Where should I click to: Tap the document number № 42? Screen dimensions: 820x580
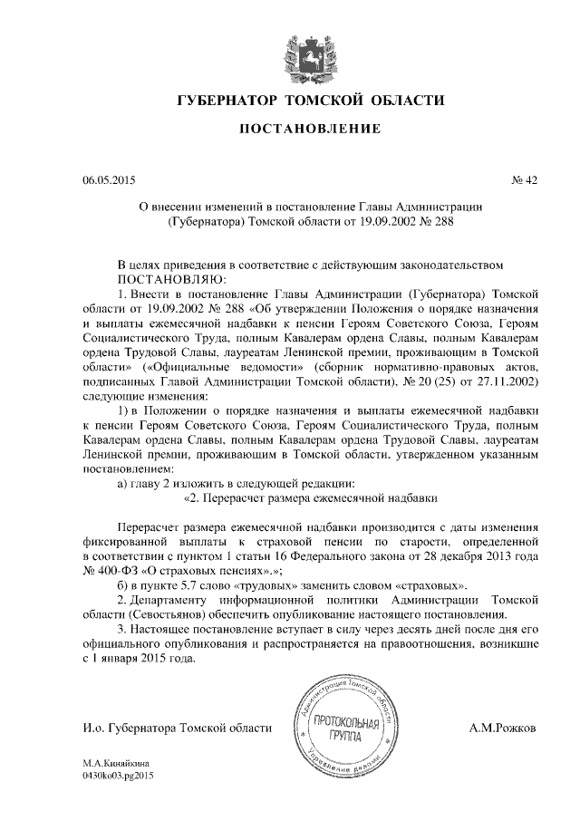pyautogui.click(x=525, y=179)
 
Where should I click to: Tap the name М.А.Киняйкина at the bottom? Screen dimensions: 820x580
pyautogui.click(x=116, y=763)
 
